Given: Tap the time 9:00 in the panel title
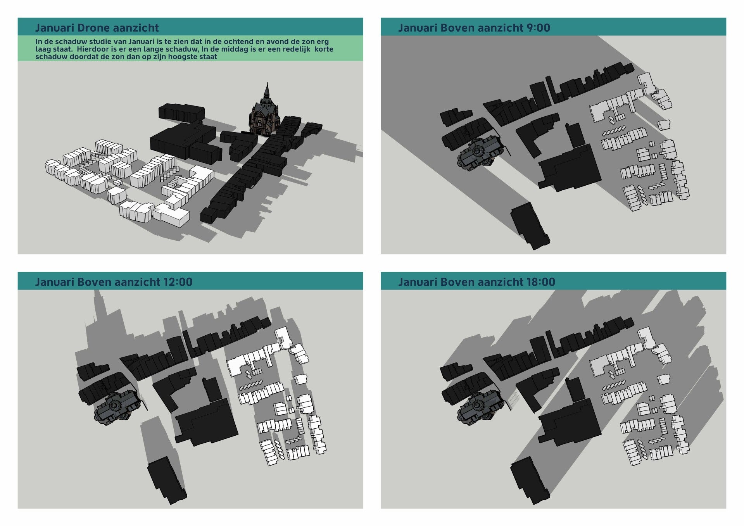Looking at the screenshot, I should [538, 28].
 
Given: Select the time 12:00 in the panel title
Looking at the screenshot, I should [178, 282].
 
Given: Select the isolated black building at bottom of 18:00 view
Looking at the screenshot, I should [530, 481].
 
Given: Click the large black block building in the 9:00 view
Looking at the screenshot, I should [570, 167].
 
